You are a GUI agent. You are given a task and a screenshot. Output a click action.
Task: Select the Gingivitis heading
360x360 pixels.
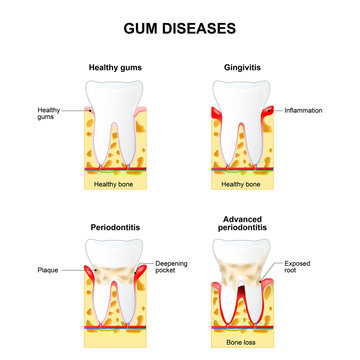[244, 66]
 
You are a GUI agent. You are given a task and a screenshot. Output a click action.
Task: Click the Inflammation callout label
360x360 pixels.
[303, 110]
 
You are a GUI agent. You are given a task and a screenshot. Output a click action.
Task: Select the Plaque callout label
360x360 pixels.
[49, 269]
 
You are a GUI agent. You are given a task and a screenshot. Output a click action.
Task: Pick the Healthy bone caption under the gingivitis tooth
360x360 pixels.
[243, 184]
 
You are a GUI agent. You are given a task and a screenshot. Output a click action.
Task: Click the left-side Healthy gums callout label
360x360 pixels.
[49, 113]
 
